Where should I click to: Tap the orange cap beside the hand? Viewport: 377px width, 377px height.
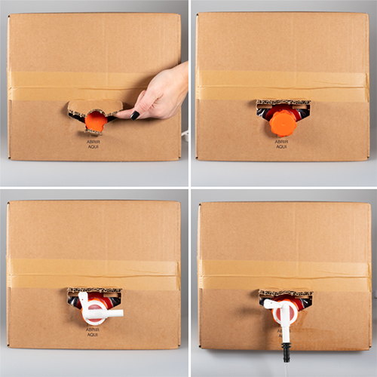pos(95,121)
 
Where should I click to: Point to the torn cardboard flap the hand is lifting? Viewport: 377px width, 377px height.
pos(94,106)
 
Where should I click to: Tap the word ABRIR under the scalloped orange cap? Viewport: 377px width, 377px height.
pos(282,141)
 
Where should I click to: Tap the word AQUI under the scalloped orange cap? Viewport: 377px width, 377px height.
pos(282,146)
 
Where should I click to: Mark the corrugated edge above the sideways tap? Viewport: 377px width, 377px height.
pos(94,290)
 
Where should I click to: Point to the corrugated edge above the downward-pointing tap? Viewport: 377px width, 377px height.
pos(284,293)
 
